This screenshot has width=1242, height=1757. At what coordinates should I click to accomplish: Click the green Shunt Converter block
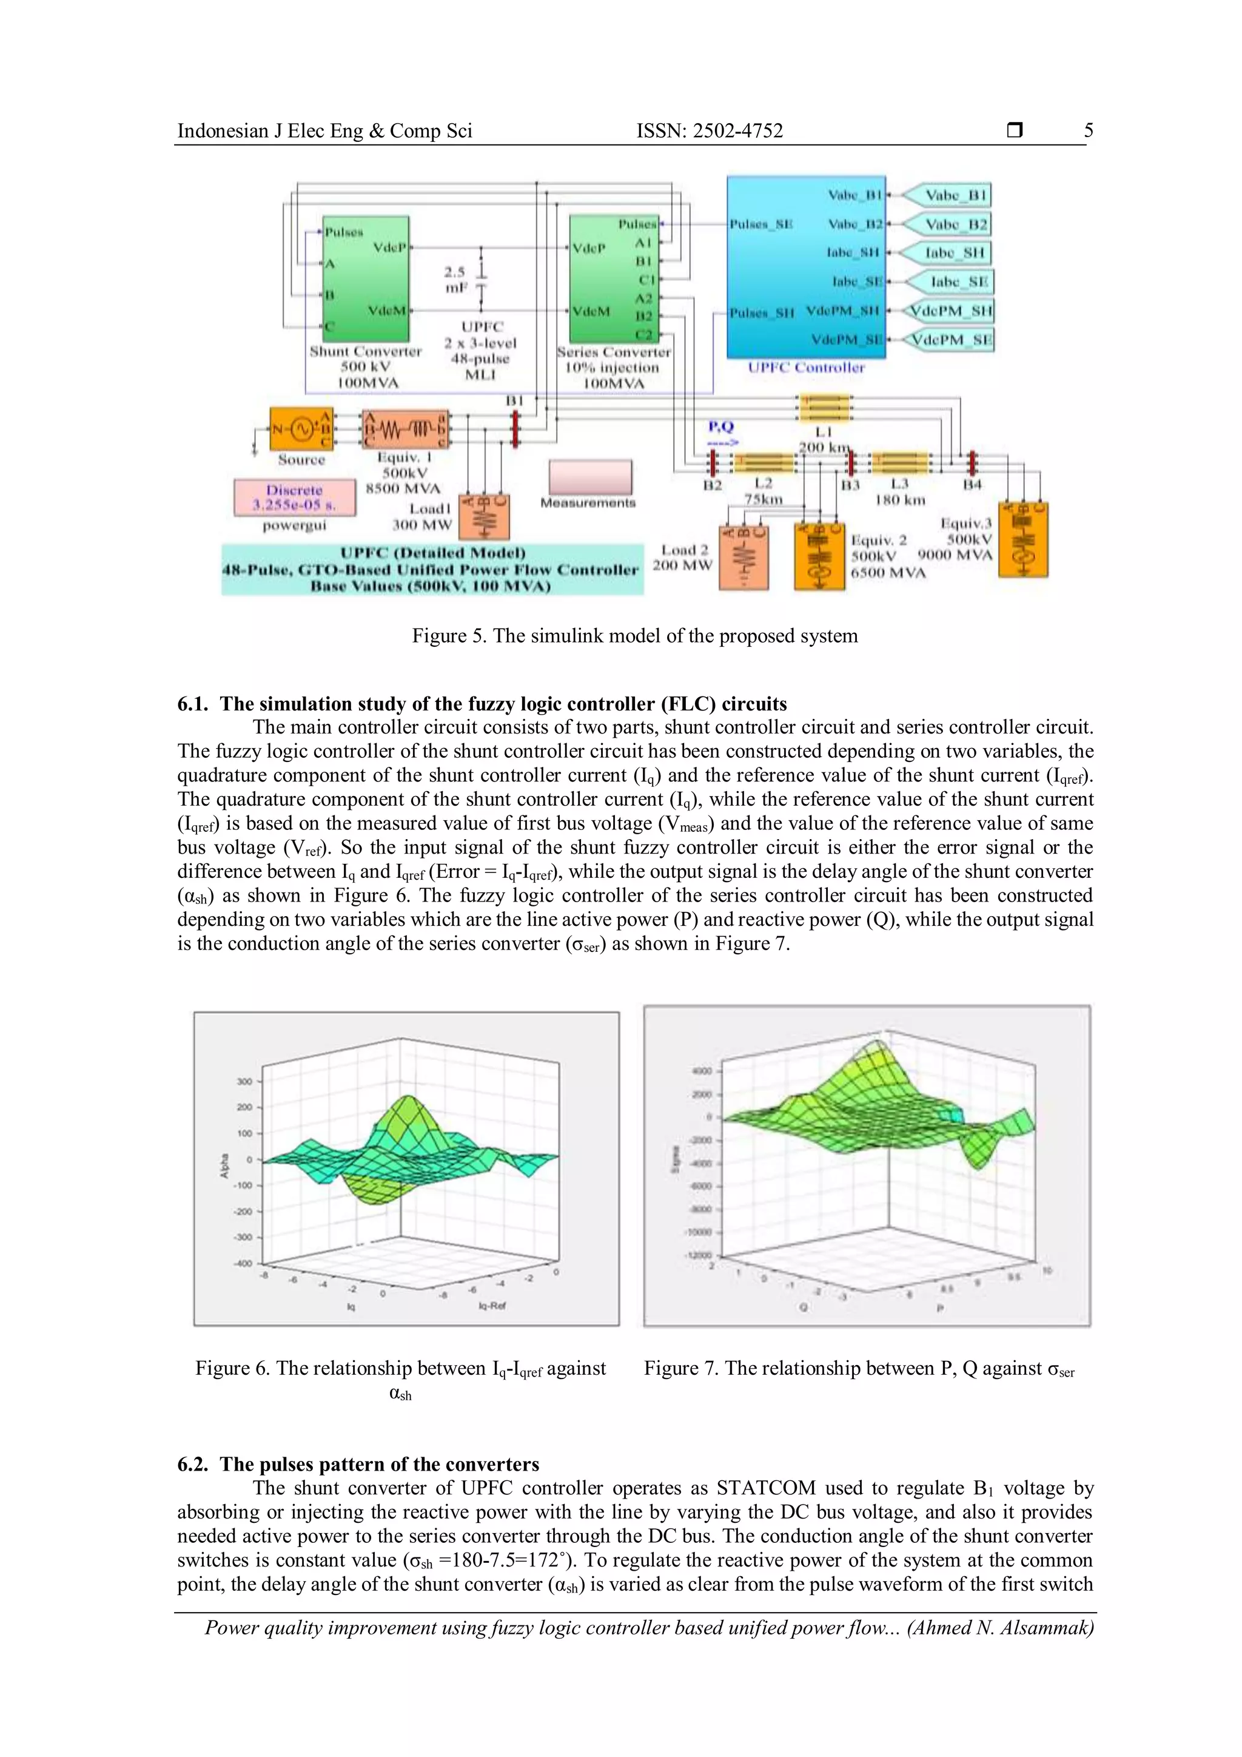(x=366, y=279)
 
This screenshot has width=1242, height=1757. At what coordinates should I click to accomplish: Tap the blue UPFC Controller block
(x=805, y=267)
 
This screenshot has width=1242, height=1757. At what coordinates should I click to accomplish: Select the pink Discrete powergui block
(x=295, y=497)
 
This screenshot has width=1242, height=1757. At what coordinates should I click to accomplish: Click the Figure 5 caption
(x=635, y=636)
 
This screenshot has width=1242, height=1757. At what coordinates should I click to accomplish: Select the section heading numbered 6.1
(x=482, y=704)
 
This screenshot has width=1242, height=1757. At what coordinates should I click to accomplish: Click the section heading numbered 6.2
(x=358, y=1464)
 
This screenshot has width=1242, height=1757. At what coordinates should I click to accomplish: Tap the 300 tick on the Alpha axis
(x=244, y=1081)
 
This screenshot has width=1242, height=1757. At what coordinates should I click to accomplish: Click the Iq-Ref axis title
(x=492, y=1306)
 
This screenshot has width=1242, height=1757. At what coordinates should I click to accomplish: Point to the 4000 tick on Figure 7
(x=701, y=1071)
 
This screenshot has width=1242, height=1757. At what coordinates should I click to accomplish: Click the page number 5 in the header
(x=1089, y=131)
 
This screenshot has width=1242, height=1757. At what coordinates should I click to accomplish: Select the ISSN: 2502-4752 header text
(x=710, y=131)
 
